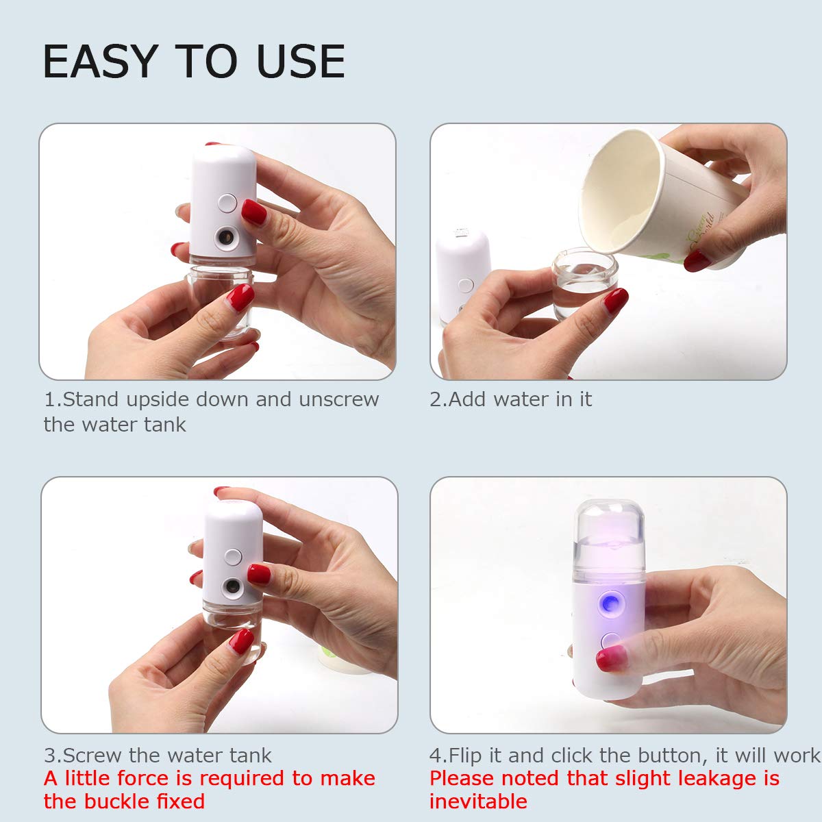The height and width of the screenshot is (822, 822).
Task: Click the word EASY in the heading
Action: pyautogui.click(x=101, y=62)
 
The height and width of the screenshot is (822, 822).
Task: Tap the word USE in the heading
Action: pyautogui.click(x=301, y=62)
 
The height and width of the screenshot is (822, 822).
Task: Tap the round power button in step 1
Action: pyautogui.click(x=227, y=203)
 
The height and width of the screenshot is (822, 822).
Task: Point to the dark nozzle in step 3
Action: pyautogui.click(x=232, y=586)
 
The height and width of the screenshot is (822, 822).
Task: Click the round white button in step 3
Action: pyautogui.click(x=233, y=558)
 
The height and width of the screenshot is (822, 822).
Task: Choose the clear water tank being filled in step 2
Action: pyautogui.click(x=584, y=282)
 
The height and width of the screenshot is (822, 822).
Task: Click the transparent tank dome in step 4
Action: pyautogui.click(x=609, y=536)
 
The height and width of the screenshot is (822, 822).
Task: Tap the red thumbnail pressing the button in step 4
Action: pyautogui.click(x=612, y=658)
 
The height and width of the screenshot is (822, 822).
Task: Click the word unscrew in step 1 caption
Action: pyautogui.click(x=338, y=399)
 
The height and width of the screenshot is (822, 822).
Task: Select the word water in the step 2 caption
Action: pyautogui.click(x=521, y=399)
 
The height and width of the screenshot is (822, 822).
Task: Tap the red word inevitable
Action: pyautogui.click(x=478, y=801)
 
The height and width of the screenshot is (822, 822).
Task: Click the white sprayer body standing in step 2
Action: pyautogui.click(x=462, y=276)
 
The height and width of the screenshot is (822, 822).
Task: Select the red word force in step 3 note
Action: pyautogui.click(x=142, y=778)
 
